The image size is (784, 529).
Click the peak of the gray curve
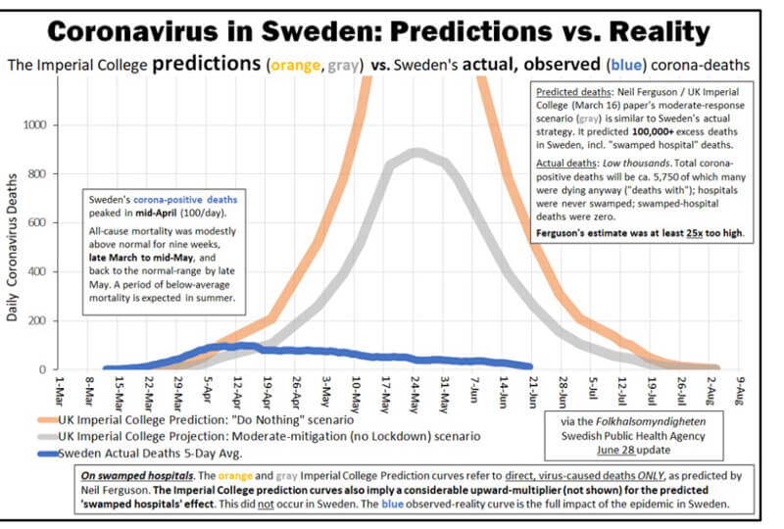click(x=416, y=151)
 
